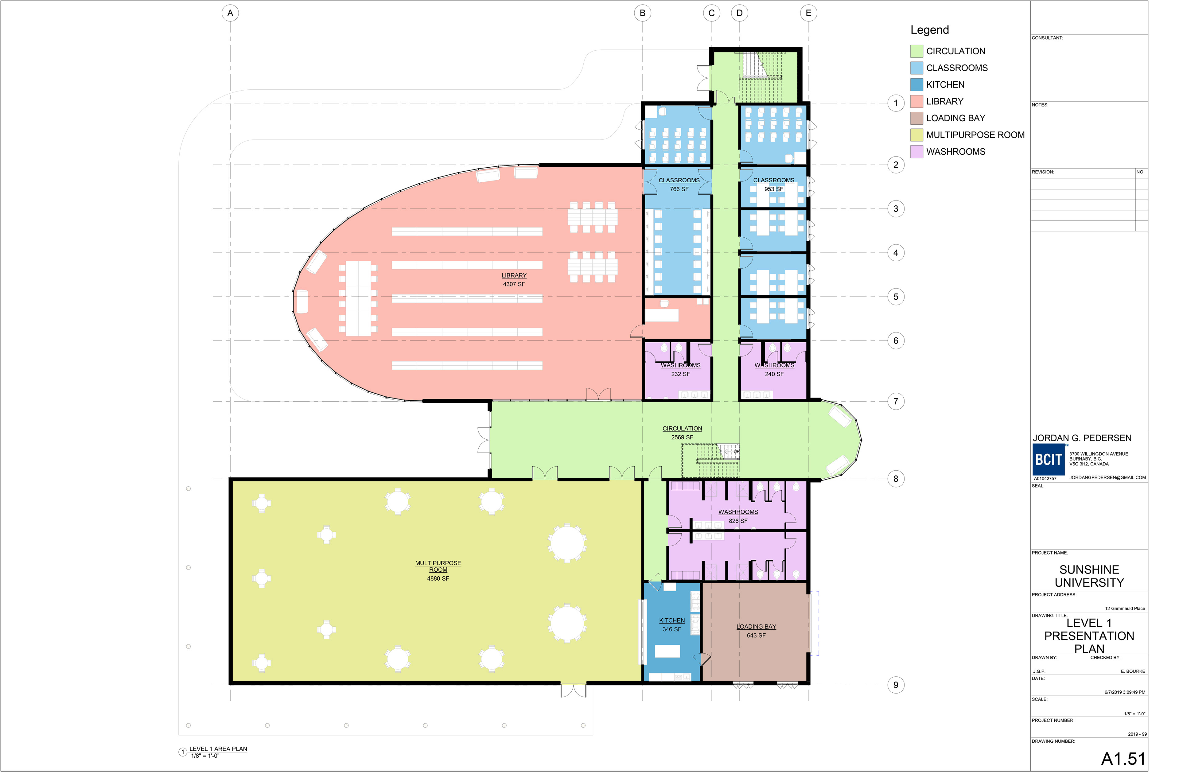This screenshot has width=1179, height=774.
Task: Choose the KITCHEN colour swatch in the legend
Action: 916,85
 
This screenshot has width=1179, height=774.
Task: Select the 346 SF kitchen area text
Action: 672,629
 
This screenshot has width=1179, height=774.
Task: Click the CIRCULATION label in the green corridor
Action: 682,429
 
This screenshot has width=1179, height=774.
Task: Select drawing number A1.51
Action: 1123,759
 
